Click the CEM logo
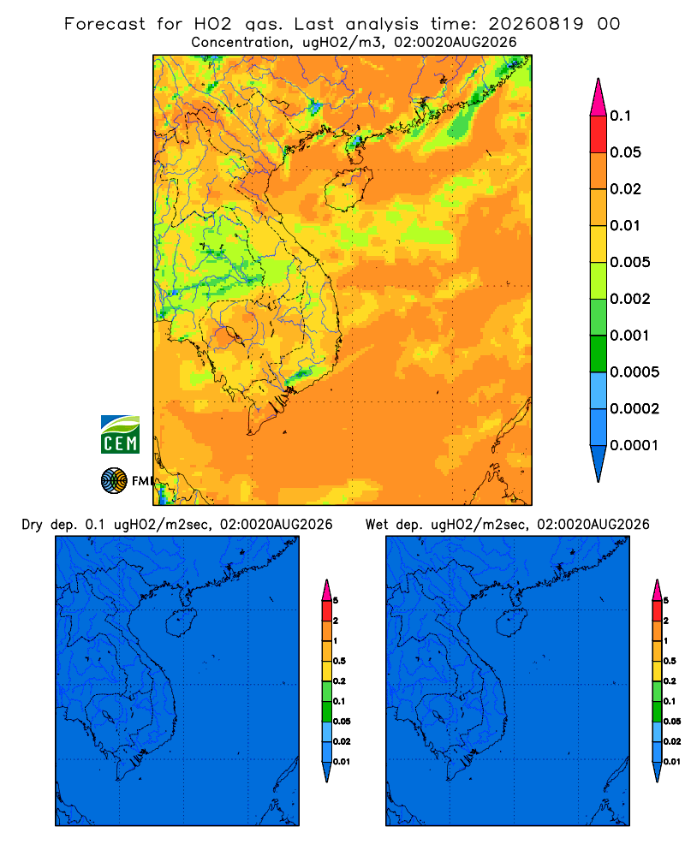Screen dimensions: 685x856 point(120,434)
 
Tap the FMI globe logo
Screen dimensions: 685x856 point(114,480)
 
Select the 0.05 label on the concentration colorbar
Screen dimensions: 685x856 point(625,152)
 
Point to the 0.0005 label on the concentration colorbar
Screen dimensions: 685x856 point(634,372)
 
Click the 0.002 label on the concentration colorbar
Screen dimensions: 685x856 point(630,299)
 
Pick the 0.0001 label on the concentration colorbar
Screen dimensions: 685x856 point(634,445)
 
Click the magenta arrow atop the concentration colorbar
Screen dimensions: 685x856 point(599,97)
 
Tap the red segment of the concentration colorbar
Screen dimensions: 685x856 point(599,134)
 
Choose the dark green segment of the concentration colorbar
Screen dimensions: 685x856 point(599,354)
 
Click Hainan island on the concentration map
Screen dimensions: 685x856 point(348,189)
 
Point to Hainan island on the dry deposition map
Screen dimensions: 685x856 point(181,622)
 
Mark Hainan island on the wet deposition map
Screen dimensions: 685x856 point(512,622)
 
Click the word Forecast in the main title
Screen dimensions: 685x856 point(104,24)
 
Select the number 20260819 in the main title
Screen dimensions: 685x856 point(536,24)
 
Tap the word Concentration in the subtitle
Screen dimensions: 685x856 point(241,43)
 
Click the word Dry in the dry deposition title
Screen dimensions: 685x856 point(32,525)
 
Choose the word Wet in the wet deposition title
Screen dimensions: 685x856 point(378,525)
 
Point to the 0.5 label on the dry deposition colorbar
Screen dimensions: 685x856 point(339,661)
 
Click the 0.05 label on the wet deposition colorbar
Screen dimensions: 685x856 point(672,721)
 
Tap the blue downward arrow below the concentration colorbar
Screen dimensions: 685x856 point(599,462)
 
